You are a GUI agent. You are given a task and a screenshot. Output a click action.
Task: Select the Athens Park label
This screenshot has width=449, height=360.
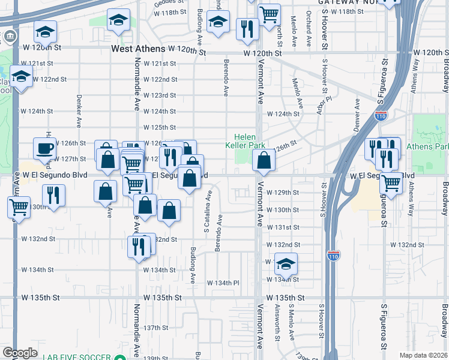[x=427, y=146]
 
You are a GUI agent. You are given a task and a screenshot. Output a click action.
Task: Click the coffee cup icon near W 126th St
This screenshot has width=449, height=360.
[x=45, y=148]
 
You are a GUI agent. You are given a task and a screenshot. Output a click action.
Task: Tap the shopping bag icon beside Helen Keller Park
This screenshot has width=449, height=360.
[x=264, y=160]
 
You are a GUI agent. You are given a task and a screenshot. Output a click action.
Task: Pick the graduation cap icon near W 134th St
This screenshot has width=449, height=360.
[x=287, y=263]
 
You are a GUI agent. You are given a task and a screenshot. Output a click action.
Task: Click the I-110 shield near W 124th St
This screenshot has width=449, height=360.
[x=381, y=115]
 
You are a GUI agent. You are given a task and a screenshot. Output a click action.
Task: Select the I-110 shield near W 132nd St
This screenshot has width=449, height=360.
[x=334, y=256]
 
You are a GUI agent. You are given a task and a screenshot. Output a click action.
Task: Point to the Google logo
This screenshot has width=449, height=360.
[x=20, y=353]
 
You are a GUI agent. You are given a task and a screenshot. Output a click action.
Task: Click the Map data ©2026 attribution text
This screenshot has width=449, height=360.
[x=423, y=355]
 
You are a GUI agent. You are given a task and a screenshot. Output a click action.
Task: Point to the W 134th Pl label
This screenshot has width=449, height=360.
[x=223, y=283]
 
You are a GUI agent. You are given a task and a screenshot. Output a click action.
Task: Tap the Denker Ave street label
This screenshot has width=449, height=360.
[x=79, y=111]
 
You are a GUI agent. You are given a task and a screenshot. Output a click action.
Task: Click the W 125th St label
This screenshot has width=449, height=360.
[x=159, y=127]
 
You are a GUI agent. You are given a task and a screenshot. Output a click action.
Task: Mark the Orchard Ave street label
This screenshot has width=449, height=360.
[x=309, y=23]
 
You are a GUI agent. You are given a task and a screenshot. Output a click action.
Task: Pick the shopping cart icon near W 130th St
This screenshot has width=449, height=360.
[x=19, y=208]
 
